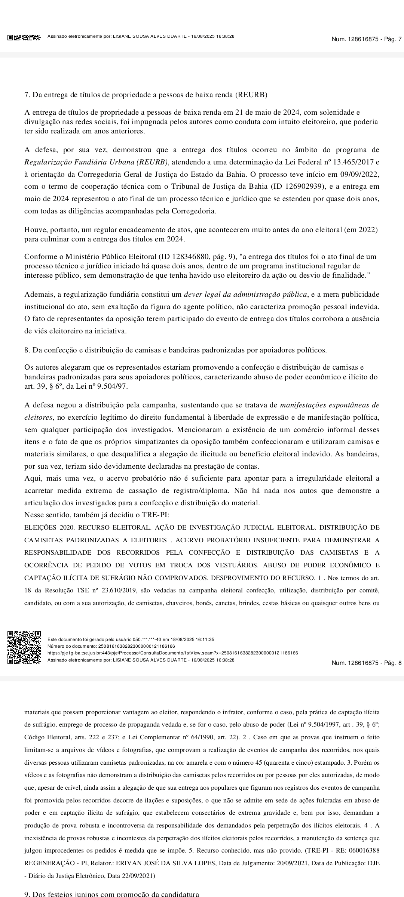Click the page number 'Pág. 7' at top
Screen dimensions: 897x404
tap(392, 39)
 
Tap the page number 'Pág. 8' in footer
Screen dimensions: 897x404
tap(392, 663)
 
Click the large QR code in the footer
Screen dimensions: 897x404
tap(24, 648)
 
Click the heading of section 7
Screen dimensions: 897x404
tap(146, 95)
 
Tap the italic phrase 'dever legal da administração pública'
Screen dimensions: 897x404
tap(245, 295)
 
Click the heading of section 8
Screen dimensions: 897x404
tap(175, 350)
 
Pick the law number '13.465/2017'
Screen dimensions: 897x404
tap(355, 162)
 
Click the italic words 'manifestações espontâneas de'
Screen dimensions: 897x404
tap(330, 405)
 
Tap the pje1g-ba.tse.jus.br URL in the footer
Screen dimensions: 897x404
tap(172, 653)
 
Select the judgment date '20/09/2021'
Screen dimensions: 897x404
tap(283, 863)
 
